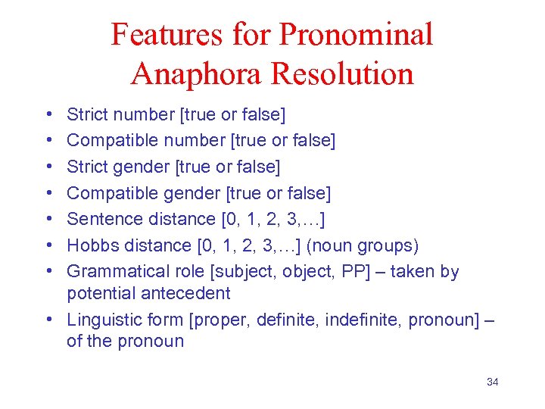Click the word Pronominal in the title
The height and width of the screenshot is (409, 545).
(356, 35)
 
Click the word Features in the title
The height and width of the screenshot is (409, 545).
(166, 35)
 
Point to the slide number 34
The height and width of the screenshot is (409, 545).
(492, 382)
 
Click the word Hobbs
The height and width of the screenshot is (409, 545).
(92, 245)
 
